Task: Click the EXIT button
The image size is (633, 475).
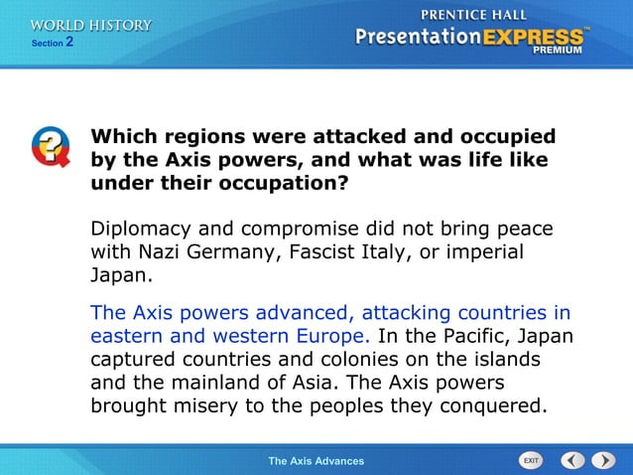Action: [x=531, y=460]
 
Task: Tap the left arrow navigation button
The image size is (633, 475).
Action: [x=573, y=460]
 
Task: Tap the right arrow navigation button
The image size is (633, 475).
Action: [x=603, y=460]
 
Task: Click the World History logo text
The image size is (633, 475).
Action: [x=91, y=25]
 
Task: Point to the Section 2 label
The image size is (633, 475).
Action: [x=53, y=43]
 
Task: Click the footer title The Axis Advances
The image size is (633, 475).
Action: [x=316, y=460]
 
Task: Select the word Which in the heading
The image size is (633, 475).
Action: [x=124, y=137]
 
